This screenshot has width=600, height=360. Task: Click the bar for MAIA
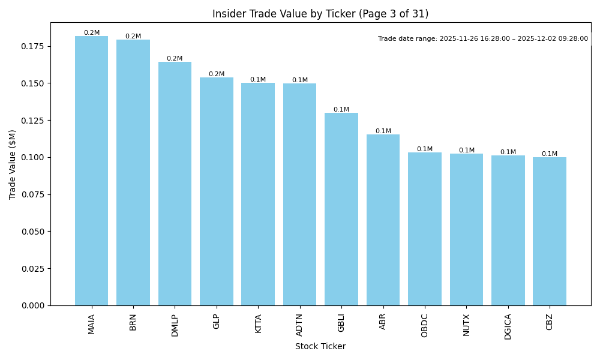coord(91,171)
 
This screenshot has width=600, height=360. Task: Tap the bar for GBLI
coord(341,209)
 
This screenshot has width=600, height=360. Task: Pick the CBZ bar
coord(550,232)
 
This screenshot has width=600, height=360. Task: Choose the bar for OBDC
coord(425,229)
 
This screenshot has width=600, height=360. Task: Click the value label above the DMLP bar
coord(175,59)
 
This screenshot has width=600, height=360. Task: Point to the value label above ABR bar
coord(383,131)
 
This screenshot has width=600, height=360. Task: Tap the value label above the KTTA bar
coord(258,80)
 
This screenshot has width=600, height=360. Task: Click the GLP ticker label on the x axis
coord(217,321)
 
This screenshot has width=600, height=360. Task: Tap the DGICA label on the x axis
coord(508,326)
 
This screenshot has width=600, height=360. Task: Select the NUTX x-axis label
coord(466,325)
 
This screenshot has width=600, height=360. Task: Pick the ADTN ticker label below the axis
coord(300,325)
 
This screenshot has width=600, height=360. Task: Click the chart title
coord(320,14)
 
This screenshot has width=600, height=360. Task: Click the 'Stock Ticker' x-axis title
coord(320,346)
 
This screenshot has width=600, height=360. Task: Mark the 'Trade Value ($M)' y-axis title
coord(13,164)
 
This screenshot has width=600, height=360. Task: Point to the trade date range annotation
coord(483,39)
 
